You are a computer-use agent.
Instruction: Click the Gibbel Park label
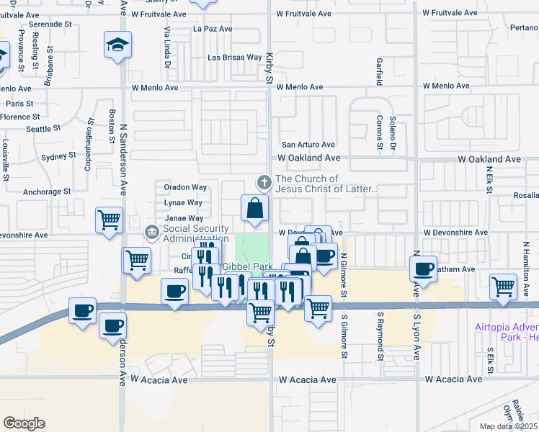click(245, 266)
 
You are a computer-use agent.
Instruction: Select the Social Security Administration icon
click(152, 232)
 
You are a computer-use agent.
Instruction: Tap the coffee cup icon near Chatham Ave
click(423, 269)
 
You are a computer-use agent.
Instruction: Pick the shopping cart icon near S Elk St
click(503, 285)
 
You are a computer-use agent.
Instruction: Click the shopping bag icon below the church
click(254, 209)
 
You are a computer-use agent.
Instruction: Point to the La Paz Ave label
click(213, 29)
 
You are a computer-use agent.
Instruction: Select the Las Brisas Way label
click(234, 57)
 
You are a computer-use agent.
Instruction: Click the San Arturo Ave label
click(308, 145)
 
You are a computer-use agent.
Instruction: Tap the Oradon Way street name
click(185, 187)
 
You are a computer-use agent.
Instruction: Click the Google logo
click(24, 423)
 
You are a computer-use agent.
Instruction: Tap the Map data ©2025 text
click(508, 426)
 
